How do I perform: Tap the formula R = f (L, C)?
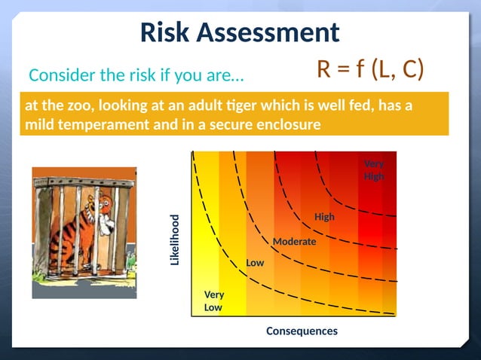369,69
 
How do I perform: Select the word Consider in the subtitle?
58,76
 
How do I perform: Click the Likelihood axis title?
174,239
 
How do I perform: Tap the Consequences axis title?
302,331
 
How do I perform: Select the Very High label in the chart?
374,170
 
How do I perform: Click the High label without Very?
324,217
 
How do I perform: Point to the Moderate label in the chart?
294,242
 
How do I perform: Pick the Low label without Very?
255,263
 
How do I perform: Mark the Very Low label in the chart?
213,301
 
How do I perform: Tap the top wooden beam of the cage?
83,181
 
